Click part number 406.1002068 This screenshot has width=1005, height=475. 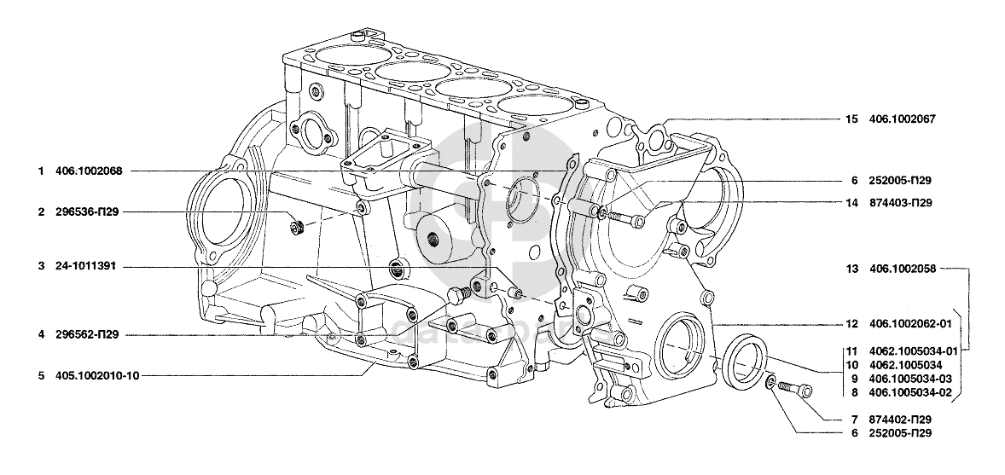(89, 171)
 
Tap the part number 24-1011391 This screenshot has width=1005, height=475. (85, 266)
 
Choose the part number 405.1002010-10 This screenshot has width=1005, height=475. (96, 375)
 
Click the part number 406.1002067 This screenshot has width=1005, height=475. (903, 119)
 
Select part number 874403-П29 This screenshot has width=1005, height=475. (901, 203)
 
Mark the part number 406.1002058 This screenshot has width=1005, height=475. (903, 269)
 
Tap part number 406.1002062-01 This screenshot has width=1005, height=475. (910, 324)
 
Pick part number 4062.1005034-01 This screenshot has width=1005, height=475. (914, 350)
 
